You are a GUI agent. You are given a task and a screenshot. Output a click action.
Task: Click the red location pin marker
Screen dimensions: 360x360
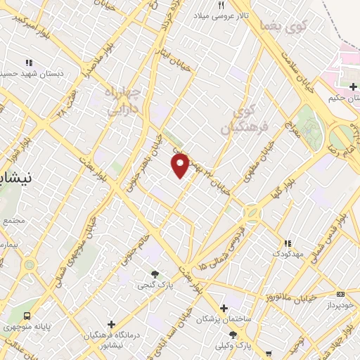tap(181, 165)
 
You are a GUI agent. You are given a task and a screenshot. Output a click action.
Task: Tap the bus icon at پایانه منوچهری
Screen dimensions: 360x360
tap(27, 316)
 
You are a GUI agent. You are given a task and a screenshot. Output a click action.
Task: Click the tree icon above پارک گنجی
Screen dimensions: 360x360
tap(155, 274)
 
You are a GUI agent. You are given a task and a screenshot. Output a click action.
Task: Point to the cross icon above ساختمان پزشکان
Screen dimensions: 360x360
tap(224, 308)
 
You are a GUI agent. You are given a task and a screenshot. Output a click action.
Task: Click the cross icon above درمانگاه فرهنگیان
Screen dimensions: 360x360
tap(110, 323)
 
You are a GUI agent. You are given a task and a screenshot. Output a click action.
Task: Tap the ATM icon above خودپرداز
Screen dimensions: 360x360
tap(341, 294)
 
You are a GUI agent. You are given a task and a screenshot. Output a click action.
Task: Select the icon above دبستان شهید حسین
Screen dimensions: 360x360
tap(28, 62)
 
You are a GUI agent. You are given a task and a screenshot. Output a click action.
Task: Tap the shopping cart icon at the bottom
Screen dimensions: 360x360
tap(270, 354)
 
